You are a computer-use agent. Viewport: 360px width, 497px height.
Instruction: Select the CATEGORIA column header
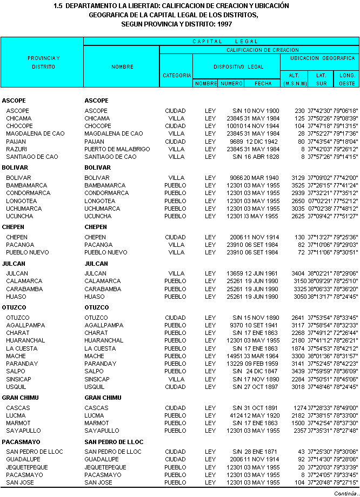click(177, 76)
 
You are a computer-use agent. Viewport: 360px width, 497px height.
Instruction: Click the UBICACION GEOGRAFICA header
click(322, 58)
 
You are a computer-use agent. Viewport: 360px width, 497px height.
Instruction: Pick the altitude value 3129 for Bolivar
click(298, 178)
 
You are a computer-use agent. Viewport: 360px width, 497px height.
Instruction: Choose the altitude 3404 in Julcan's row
click(298, 273)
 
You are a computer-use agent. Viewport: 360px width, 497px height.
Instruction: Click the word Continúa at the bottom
click(345, 493)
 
